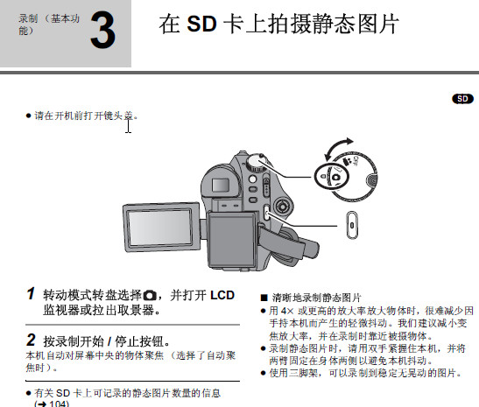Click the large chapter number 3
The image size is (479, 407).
point(102,30)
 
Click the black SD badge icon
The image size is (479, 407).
point(462,99)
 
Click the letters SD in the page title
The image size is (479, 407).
point(201,24)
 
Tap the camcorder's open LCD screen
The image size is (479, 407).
point(159,228)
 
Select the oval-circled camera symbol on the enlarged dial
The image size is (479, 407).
point(332,176)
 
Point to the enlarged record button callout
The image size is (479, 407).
point(352,225)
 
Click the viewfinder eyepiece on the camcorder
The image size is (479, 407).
point(221,185)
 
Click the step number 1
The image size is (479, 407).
point(31,293)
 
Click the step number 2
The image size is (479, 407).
point(31,340)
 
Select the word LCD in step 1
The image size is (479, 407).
point(222,295)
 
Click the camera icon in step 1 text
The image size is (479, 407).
point(150,296)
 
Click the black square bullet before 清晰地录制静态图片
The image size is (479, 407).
point(264,298)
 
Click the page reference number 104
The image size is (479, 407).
point(59,403)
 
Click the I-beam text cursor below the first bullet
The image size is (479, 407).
point(129,126)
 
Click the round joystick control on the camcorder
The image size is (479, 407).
point(283,207)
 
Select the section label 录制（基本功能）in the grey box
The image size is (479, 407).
point(49,25)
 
